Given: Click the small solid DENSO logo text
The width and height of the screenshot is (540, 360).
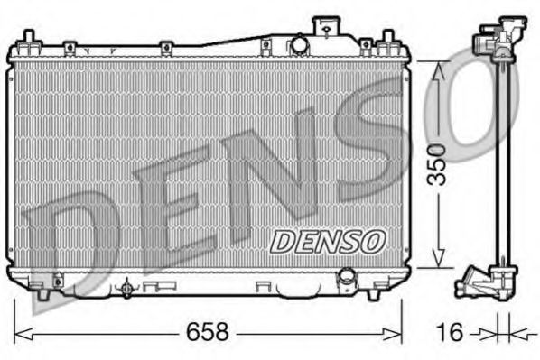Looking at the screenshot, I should click(x=329, y=242).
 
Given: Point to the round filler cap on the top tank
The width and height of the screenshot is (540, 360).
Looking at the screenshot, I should click(x=297, y=46).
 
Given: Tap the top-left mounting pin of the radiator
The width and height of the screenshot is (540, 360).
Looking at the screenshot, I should click(x=27, y=39).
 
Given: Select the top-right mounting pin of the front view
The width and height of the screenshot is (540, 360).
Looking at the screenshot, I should click(x=388, y=40).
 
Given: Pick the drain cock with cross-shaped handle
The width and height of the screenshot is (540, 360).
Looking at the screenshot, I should click(x=126, y=289).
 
